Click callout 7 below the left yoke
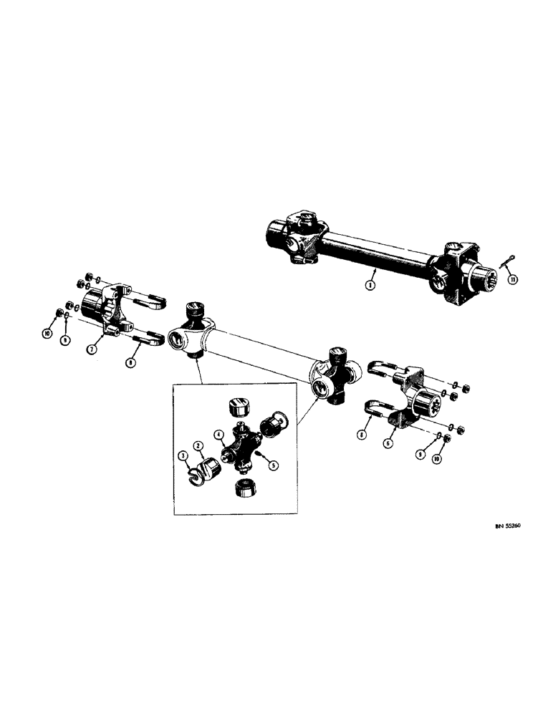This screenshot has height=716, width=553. pyautogui.click(x=91, y=349)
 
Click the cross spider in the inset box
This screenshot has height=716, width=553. pyautogui.click(x=239, y=450)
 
